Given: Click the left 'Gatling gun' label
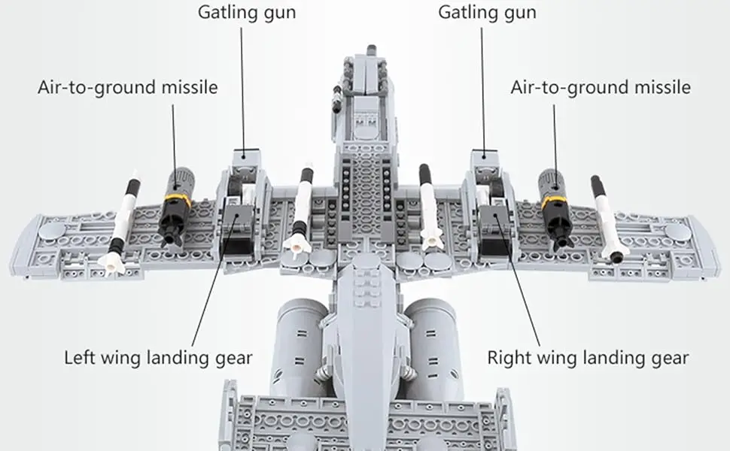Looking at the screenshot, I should [247, 13].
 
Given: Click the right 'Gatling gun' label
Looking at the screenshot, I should [487, 13].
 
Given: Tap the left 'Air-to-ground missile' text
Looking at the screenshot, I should [127, 87].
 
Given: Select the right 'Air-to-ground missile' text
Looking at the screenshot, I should [600, 87].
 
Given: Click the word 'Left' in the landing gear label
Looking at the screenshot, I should [81, 356].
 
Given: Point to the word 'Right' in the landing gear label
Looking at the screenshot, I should [508, 356].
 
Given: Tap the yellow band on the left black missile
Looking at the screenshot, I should [176, 200].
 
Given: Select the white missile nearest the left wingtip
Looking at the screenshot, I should [123, 222].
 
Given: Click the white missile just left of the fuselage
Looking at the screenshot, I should [302, 210].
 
